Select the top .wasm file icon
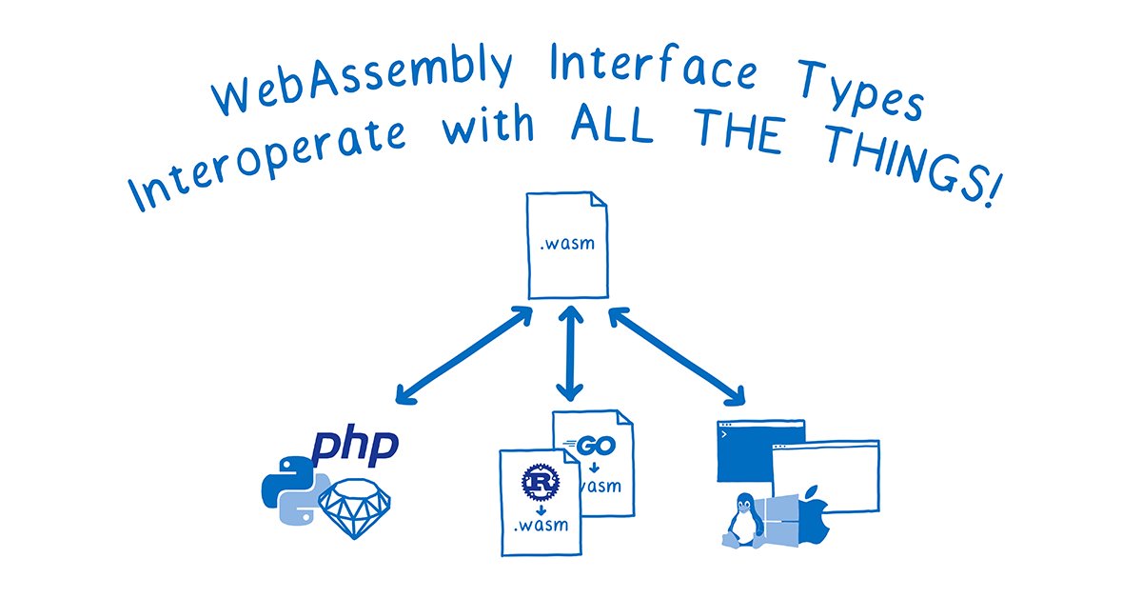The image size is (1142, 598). [568, 245]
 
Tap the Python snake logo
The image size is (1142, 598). [291, 487]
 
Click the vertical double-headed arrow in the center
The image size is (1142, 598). [569, 352]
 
